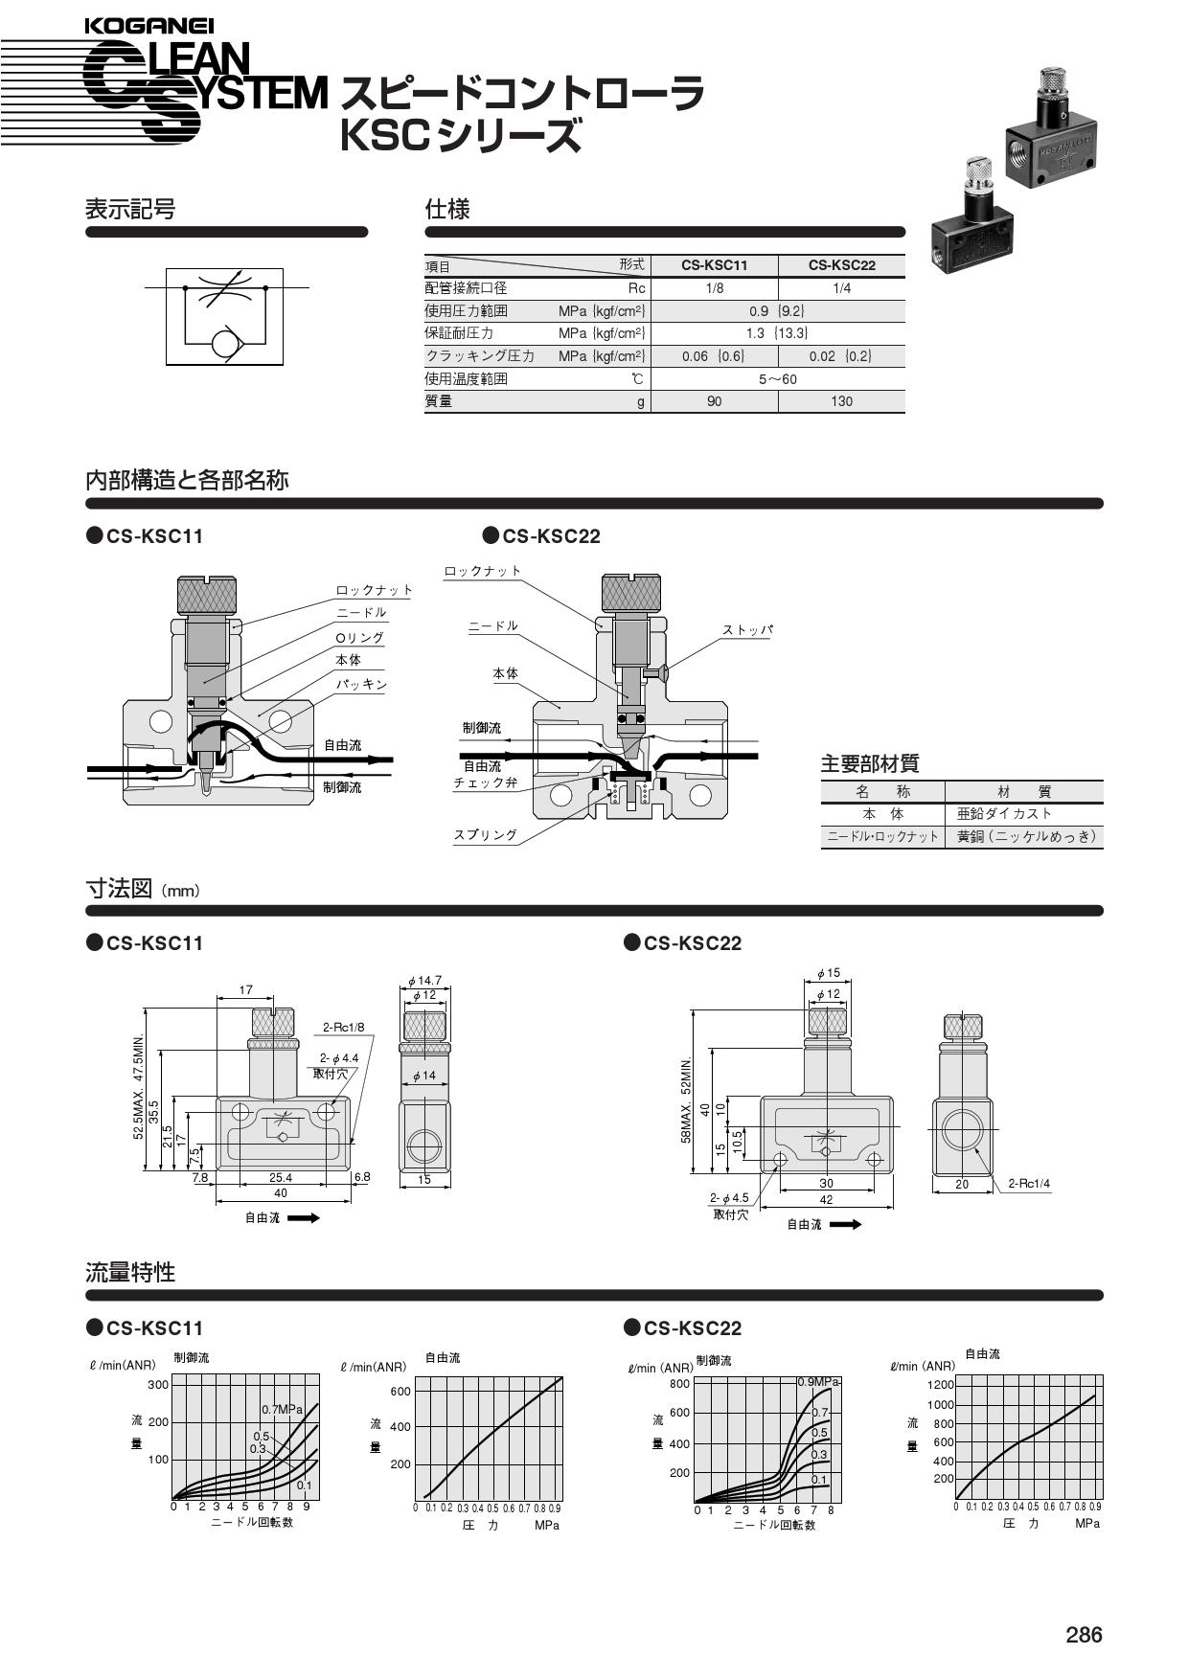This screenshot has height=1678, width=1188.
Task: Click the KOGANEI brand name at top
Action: (x=149, y=26)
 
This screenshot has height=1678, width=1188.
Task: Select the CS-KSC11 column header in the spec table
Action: (x=714, y=265)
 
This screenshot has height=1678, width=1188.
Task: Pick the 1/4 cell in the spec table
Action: (x=841, y=288)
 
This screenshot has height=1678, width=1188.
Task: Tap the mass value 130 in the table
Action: (x=841, y=401)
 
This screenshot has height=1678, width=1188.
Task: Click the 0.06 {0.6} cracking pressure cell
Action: (x=713, y=356)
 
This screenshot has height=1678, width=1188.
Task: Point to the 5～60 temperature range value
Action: (x=777, y=379)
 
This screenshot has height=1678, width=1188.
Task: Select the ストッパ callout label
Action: (x=747, y=630)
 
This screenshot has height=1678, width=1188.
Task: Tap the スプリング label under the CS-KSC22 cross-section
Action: (x=486, y=835)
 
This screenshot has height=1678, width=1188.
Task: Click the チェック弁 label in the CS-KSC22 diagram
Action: (x=486, y=783)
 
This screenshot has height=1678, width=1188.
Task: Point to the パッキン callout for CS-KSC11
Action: (x=361, y=685)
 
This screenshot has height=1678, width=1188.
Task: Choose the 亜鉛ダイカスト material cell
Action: (x=1004, y=814)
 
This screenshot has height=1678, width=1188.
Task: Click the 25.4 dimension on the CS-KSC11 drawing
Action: (x=281, y=1177)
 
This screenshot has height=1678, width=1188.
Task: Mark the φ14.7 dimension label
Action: (x=424, y=981)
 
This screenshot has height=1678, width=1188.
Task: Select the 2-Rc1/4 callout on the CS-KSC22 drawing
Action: (x=1029, y=1184)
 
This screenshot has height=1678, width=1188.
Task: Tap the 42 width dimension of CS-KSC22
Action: (x=826, y=1199)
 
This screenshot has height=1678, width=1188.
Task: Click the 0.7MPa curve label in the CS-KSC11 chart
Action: (x=282, y=1409)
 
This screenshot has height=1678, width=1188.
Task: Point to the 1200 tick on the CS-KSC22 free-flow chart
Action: (x=941, y=1385)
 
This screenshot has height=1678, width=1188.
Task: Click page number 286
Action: (x=1084, y=1634)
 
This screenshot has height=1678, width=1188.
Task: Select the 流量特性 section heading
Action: (x=130, y=1273)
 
